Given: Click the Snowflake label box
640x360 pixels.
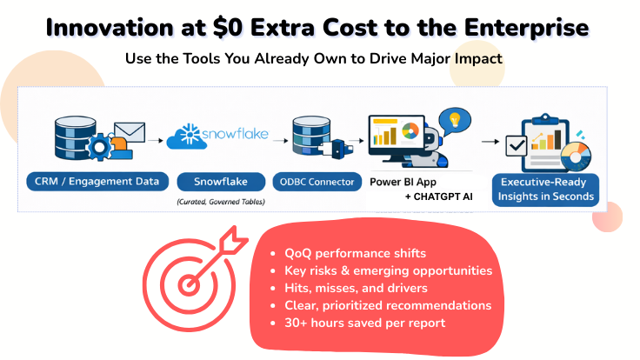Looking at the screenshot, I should [219, 182].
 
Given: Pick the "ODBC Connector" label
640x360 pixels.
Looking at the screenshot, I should [317, 182].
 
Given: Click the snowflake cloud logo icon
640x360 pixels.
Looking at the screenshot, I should [187, 137].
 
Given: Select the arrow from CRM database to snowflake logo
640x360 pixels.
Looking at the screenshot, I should [154, 138].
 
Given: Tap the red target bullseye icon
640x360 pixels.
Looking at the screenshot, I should [191, 279].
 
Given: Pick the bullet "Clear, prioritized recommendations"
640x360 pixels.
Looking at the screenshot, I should [388, 305].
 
